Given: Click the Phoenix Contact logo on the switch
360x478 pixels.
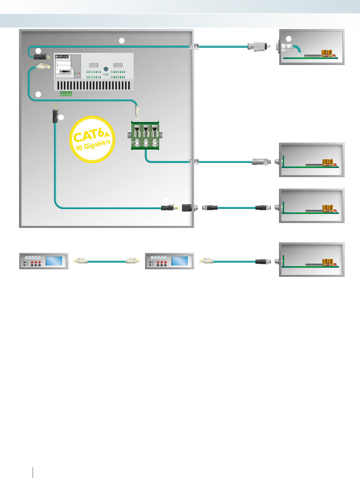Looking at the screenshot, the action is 63,57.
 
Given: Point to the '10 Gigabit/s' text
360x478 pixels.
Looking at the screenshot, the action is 93,145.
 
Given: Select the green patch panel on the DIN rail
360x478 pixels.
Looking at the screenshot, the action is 145,136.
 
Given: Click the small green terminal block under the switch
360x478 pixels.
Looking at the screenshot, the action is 66,94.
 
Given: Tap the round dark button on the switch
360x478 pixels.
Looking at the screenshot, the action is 106,69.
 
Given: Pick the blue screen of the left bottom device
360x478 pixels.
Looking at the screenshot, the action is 54,261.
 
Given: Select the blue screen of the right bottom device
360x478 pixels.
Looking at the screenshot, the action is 180,261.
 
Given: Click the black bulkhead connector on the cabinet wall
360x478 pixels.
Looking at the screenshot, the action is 187,208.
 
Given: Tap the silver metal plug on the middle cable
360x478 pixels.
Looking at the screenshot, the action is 260,162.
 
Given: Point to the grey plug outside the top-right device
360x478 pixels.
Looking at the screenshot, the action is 258,47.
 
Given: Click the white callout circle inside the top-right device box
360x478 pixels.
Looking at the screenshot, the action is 289,39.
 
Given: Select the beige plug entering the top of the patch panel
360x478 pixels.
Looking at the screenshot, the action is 137,112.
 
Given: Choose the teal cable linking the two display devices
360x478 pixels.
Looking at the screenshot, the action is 106,261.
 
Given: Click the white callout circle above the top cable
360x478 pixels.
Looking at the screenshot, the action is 122,40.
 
